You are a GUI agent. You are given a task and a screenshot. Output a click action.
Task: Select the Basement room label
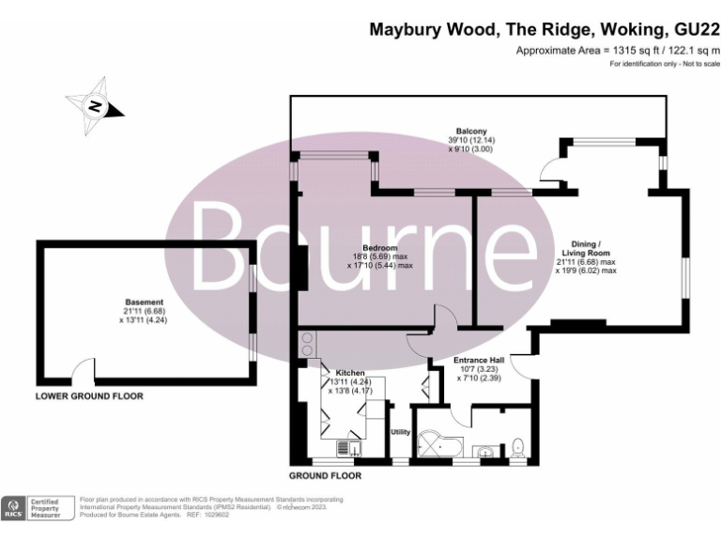point(140,302)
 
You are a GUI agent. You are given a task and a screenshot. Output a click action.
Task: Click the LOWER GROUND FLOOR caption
point(89,396)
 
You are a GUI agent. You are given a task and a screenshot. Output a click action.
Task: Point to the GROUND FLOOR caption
point(325,475)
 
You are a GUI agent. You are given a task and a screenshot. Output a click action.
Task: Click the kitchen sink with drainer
point(345,449)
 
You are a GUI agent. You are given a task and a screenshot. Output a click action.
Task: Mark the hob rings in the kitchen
point(308,345)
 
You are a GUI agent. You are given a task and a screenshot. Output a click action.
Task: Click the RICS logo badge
point(14,508)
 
